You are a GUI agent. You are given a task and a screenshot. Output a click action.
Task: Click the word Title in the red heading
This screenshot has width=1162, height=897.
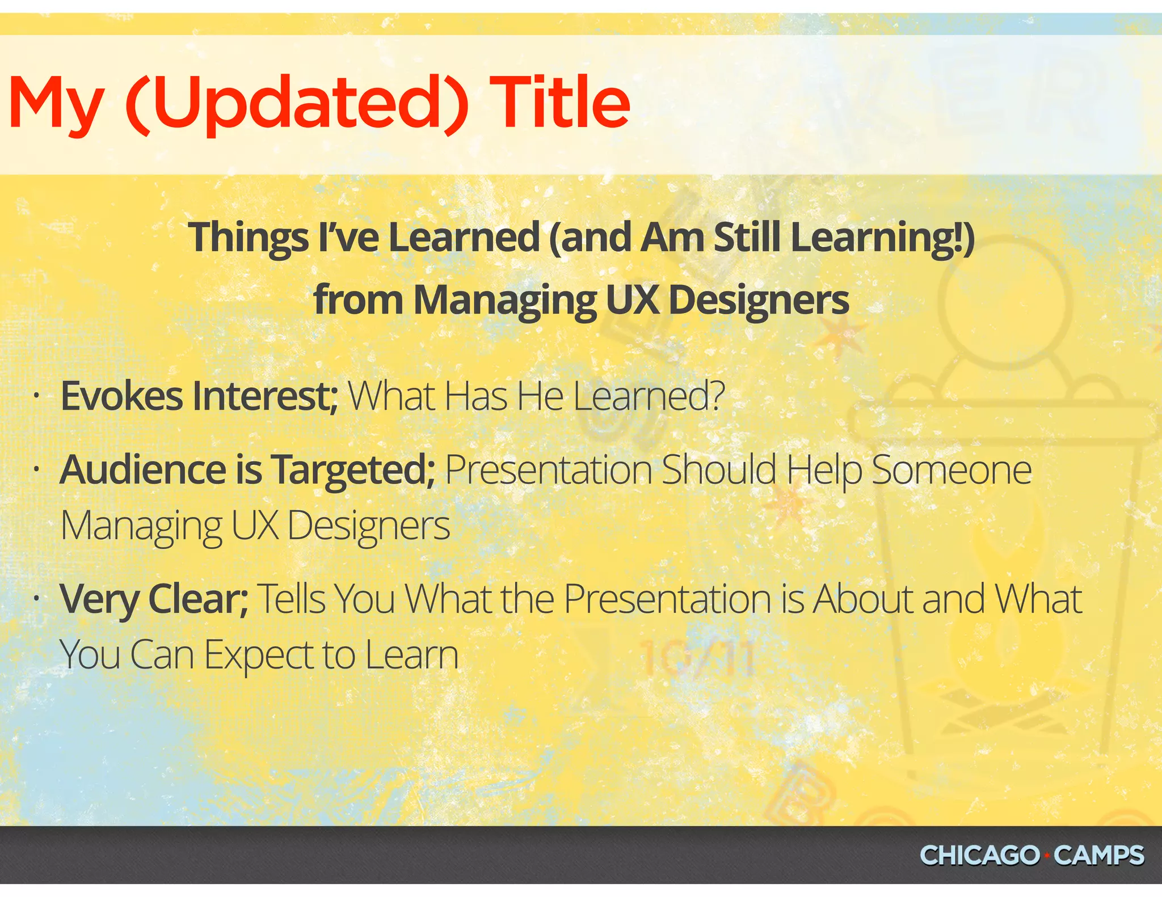point(559,102)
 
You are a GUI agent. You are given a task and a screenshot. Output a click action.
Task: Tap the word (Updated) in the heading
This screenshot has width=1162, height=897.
point(296,103)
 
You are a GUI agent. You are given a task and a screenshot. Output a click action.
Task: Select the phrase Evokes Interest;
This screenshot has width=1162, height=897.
point(199,396)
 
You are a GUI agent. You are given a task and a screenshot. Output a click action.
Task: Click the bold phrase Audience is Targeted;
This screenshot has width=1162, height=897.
point(247,470)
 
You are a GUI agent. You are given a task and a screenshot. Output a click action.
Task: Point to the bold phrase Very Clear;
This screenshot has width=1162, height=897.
point(154,599)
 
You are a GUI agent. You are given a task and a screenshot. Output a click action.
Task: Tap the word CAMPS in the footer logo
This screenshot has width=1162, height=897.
point(1099,855)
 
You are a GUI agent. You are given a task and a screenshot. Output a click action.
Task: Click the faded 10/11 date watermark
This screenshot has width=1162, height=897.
point(697,659)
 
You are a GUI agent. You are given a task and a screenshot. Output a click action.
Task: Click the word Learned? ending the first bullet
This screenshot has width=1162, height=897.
point(649,396)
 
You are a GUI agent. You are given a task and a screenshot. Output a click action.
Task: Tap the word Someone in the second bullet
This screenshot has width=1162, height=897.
point(952,470)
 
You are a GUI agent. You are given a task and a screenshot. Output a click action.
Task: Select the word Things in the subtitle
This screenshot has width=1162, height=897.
point(249,237)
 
